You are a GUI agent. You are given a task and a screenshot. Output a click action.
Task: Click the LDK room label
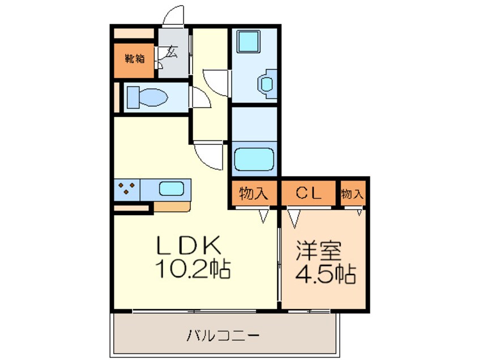point(189,246)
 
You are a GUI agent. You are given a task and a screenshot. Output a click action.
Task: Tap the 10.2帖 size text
point(193,269)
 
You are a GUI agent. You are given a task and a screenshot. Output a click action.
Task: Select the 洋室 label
point(318,250)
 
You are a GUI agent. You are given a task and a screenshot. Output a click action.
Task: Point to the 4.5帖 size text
point(326,274)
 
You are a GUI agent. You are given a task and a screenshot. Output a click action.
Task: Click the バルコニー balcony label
point(223,336)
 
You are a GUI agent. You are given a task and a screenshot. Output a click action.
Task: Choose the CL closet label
point(309,192)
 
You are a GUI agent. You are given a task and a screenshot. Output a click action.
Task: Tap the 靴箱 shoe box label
point(134,58)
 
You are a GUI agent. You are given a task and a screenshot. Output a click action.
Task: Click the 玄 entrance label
point(172,52)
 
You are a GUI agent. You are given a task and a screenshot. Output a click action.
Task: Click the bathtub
point(254,160)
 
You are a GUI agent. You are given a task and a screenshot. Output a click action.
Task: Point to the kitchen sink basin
point(172,188)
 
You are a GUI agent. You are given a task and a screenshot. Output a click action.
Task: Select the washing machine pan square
point(249,41)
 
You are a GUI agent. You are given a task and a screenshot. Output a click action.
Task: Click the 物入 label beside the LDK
point(253,193)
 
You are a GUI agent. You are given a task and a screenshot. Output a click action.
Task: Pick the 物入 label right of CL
point(352,194)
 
